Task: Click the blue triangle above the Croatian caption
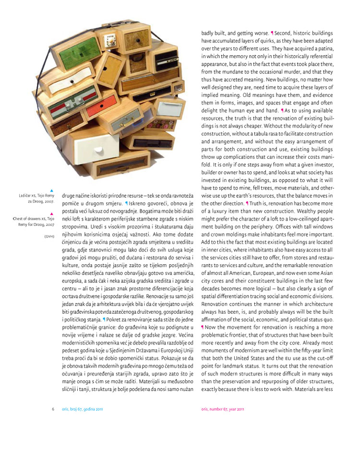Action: pos(52,190)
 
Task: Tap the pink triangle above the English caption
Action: pos(52,213)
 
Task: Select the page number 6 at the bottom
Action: pos(53,409)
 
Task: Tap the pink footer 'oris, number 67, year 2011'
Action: pos(223,409)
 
